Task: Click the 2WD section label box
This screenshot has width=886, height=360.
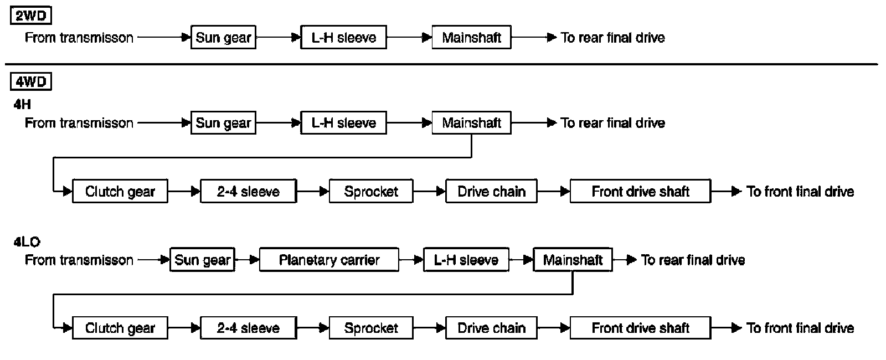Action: click(x=31, y=16)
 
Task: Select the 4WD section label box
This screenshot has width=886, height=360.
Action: click(x=31, y=82)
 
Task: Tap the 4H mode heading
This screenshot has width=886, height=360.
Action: click(x=22, y=105)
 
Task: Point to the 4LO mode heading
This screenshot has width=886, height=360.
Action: click(x=27, y=241)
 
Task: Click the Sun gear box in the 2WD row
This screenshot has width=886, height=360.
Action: click(x=224, y=37)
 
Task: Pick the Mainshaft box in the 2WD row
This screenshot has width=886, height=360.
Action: click(x=471, y=37)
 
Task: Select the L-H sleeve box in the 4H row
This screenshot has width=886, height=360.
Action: click(x=344, y=122)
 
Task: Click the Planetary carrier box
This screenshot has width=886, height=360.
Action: click(x=329, y=260)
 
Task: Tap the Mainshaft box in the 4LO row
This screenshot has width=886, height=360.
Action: click(x=573, y=260)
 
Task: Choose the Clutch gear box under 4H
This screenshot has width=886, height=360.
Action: click(x=120, y=191)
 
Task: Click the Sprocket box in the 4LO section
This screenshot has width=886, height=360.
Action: click(x=371, y=328)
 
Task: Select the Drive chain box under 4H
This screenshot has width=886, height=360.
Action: click(x=491, y=191)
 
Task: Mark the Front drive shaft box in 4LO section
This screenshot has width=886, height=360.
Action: click(x=640, y=328)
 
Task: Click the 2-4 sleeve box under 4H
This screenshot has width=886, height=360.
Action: click(x=249, y=191)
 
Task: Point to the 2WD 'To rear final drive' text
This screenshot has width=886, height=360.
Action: click(x=612, y=38)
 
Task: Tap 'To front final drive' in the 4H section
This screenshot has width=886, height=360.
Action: click(x=800, y=192)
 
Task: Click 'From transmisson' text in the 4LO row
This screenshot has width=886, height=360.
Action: click(x=79, y=260)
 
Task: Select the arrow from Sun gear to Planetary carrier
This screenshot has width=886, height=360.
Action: click(x=247, y=260)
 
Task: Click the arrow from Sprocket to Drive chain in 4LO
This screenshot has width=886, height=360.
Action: click(x=430, y=328)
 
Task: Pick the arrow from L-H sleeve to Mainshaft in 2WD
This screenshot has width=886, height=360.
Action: click(x=409, y=38)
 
